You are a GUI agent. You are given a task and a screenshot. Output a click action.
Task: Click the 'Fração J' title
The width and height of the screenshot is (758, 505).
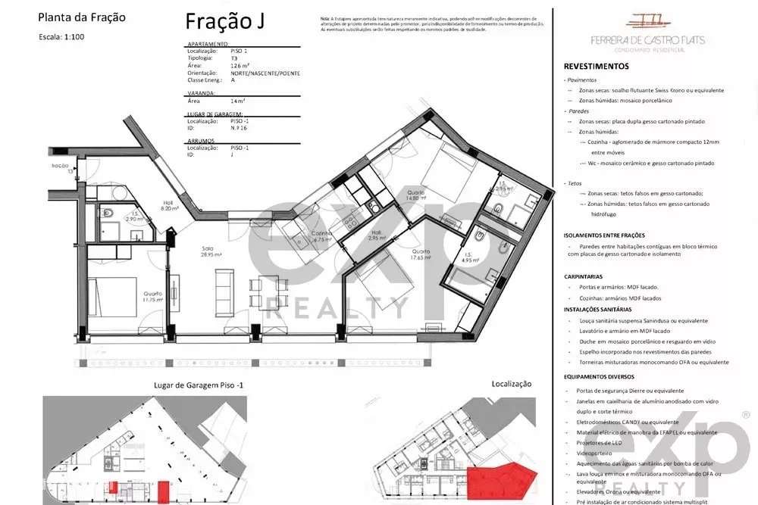(x=224, y=22)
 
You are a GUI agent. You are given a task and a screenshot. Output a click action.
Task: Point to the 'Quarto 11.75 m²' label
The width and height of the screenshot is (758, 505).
(x=144, y=298)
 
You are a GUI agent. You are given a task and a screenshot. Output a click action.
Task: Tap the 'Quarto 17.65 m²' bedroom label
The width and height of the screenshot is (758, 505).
(x=421, y=255)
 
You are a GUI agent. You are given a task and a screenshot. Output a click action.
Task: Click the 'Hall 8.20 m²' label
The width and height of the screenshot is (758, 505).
(x=168, y=205)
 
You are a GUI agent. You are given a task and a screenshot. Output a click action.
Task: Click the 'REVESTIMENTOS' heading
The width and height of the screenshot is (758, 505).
(x=596, y=67)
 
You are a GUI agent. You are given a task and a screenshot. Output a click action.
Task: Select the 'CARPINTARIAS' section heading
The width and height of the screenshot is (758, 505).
(x=583, y=277)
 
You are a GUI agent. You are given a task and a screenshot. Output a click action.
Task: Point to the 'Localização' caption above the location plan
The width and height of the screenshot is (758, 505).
(x=512, y=385)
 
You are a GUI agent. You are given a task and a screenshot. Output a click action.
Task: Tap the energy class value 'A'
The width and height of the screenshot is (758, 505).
(x=233, y=80)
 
